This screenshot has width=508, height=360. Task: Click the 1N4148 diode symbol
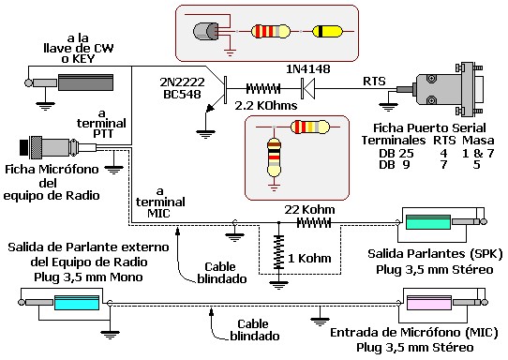pyautogui.click(x=307, y=88)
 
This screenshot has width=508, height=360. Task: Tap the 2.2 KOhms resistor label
pyautogui.click(x=266, y=105)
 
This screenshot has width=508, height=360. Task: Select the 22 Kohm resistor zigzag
pyautogui.click(x=314, y=222)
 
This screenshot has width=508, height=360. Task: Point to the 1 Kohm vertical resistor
pyautogui.click(x=278, y=253)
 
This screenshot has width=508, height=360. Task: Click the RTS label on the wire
pyautogui.click(x=374, y=81)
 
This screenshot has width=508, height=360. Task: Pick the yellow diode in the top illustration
pyautogui.click(x=327, y=32)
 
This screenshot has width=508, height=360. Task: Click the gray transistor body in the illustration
pyautogui.click(x=205, y=32)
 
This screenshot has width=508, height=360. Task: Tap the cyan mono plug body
pyautogui.click(x=77, y=302)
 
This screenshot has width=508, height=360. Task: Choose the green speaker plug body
pyautogui.click(x=428, y=222)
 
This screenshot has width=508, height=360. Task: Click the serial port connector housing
pyautogui.click(x=450, y=89)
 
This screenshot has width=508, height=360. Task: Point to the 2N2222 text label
pyautogui.click(x=182, y=82)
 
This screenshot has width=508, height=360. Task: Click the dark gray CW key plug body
pyautogui.click(x=86, y=82)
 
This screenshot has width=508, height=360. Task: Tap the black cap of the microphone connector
pyautogui.click(x=24, y=147)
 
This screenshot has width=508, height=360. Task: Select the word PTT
pyautogui.click(x=103, y=133)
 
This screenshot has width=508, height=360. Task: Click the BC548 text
pyautogui.click(x=182, y=94)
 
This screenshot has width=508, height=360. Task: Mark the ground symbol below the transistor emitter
pyautogui.click(x=205, y=133)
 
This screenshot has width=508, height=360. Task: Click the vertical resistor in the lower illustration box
pyautogui.click(x=274, y=157)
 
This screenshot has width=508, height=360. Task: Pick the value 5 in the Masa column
pyautogui.click(x=476, y=165)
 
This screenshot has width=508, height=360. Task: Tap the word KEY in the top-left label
pyautogui.click(x=82, y=59)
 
